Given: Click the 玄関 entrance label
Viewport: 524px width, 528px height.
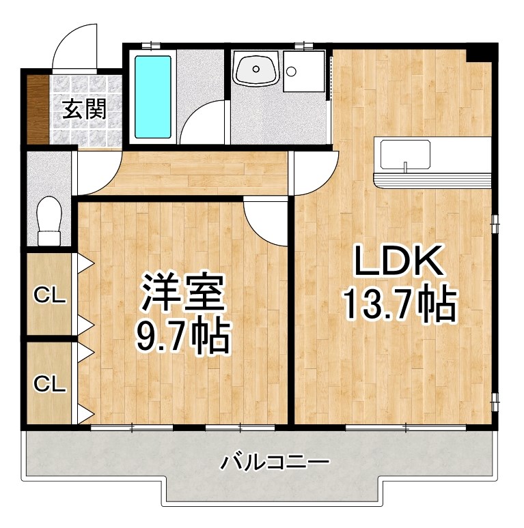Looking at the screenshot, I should click(85, 109).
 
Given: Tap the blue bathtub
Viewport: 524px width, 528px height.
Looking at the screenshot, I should click(153, 96).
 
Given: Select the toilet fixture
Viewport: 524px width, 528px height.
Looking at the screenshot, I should click(49, 220).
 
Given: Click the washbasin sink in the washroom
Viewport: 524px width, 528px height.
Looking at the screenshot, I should click(256, 70).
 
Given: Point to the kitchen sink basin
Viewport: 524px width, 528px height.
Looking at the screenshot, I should click(405, 156).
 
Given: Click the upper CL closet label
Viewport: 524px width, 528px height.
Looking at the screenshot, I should click(50, 295).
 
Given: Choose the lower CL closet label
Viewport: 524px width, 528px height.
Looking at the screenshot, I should click(50, 383).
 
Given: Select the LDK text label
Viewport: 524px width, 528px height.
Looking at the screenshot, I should click(398, 262).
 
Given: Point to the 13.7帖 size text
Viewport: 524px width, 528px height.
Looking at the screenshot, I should click(398, 304).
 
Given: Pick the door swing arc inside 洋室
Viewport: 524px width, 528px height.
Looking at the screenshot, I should click(266, 222).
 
